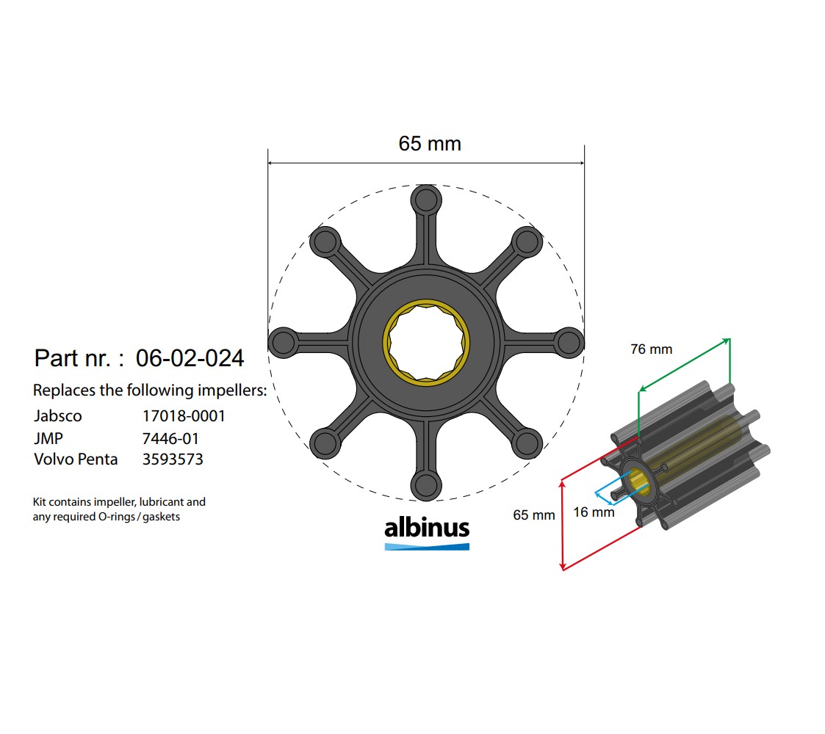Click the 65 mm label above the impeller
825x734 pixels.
point(430,144)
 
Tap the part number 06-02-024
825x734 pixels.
point(190,358)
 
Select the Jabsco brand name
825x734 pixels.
point(58,416)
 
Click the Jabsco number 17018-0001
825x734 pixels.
point(184,416)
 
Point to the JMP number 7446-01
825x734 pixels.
point(170,439)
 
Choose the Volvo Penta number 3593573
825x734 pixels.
point(173,460)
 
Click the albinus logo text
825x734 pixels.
point(427,528)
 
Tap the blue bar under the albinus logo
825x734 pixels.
point(427,546)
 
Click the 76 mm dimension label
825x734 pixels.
point(651,349)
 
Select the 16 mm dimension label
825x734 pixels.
point(594,512)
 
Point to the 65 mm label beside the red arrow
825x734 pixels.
point(534,515)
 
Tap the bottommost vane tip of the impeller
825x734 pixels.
point(426,485)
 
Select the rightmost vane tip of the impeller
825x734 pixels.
point(569,343)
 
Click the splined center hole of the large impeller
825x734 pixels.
point(426,343)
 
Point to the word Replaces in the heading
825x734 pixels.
point(64,390)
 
